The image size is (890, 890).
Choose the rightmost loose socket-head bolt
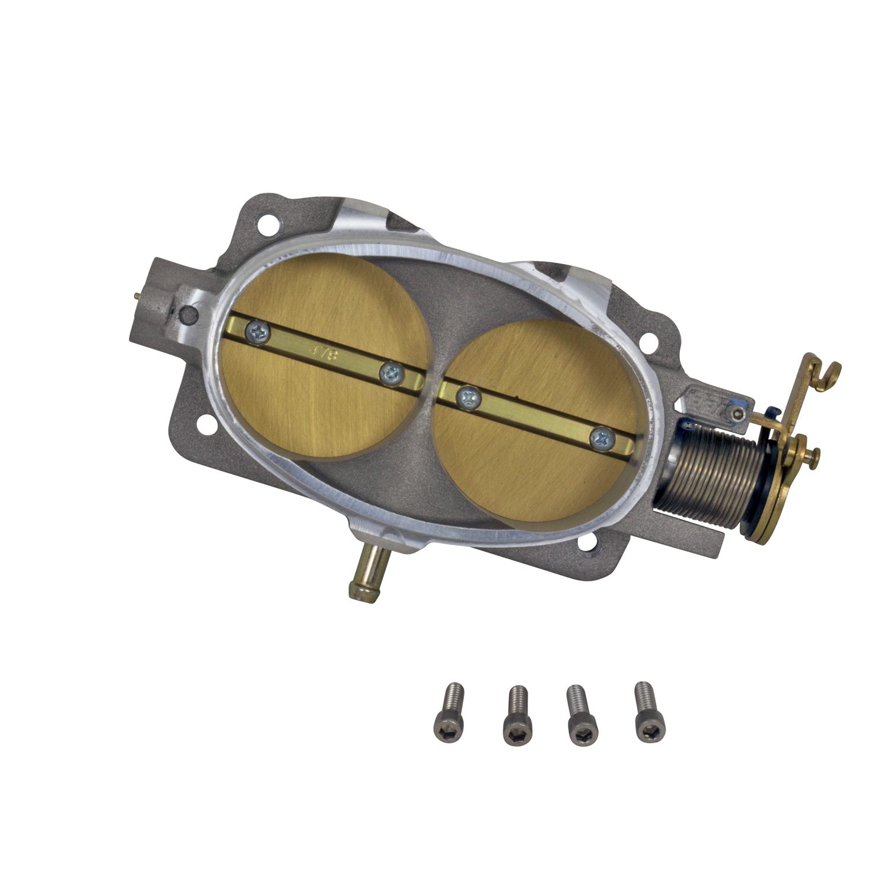click(x=649, y=719)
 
